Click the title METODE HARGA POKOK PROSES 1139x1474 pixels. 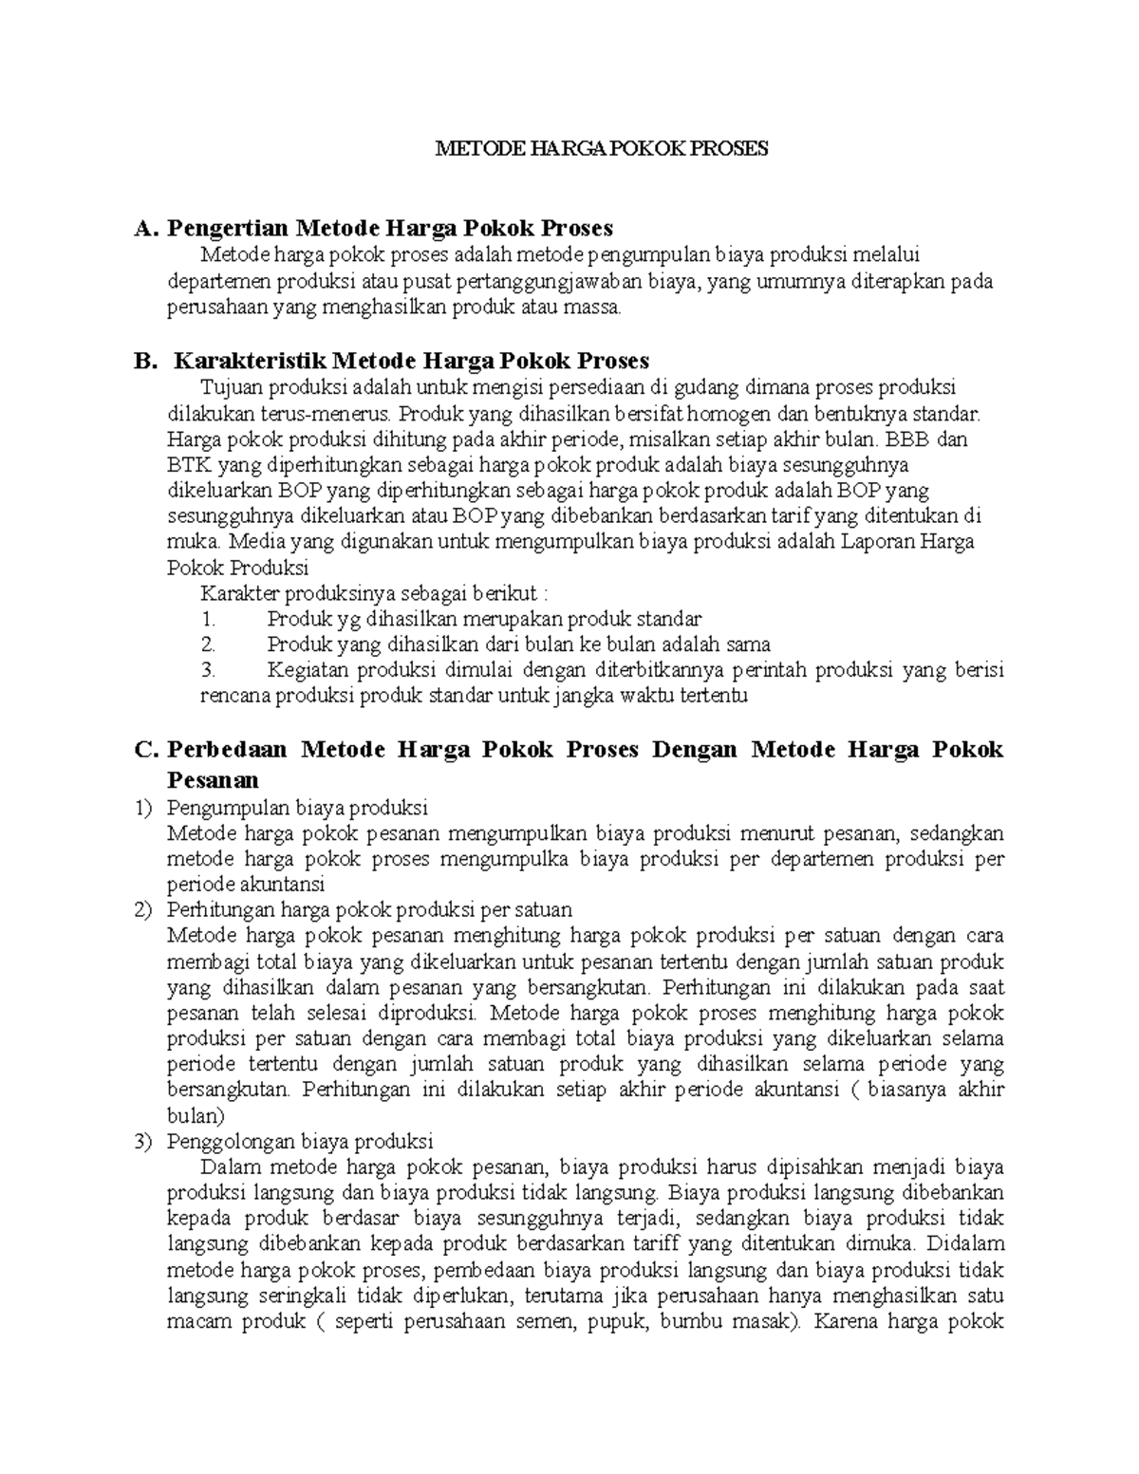[x=600, y=149]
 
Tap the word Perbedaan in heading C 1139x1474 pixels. [x=226, y=750]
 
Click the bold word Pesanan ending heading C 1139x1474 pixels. [x=213, y=780]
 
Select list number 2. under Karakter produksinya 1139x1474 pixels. [x=209, y=644]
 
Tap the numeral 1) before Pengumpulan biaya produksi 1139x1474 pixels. [x=143, y=808]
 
